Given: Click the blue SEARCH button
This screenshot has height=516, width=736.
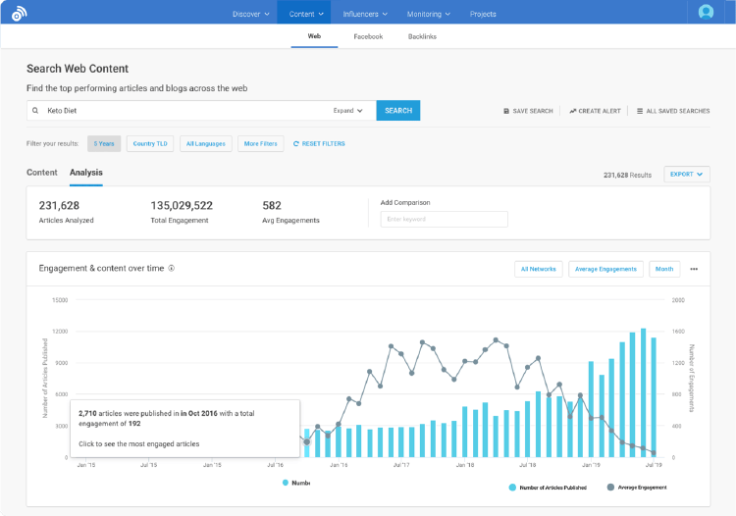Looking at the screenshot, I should tap(397, 111).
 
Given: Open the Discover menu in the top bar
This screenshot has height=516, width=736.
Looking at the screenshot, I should tap(250, 14).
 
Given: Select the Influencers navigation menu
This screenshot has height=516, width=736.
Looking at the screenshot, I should tap(365, 14).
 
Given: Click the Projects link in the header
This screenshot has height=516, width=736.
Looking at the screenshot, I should tap(483, 14).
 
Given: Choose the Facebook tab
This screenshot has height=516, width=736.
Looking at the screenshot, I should tap(368, 36).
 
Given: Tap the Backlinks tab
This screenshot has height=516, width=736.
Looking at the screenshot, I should tap(422, 36).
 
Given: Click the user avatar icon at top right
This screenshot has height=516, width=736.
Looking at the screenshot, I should tap(706, 13).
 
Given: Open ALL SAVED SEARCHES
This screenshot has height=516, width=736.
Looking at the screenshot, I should tap(673, 111).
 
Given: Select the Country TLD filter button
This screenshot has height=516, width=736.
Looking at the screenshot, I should tap(150, 144).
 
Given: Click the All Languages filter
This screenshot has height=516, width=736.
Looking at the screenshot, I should tap(205, 144).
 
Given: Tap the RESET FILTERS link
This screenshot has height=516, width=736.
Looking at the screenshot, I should tap(319, 144).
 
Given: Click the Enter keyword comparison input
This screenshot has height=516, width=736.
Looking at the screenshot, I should tap(444, 220).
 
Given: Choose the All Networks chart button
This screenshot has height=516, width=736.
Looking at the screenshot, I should tap(538, 269).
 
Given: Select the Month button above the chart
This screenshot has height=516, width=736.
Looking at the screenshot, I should tap(664, 269).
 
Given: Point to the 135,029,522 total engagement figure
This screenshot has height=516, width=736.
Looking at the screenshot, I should tap(182, 206).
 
